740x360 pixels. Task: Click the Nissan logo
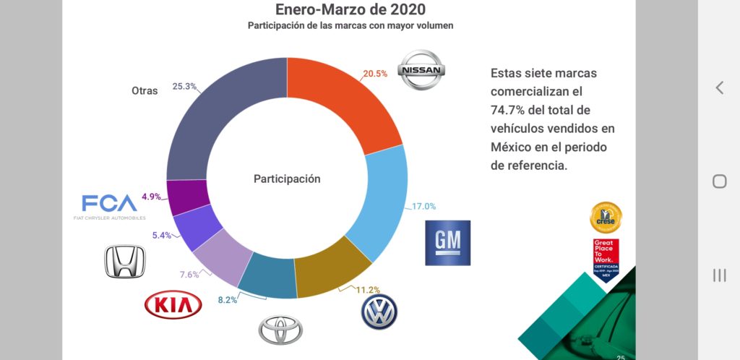423,70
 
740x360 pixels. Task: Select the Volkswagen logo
379,312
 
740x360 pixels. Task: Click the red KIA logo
173,305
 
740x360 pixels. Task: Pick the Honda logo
125,261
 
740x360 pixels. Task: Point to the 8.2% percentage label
229,299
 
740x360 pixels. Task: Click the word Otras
145,91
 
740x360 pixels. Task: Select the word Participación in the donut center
286,179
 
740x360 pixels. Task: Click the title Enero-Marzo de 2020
350,9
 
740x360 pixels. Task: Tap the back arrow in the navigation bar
719,87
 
